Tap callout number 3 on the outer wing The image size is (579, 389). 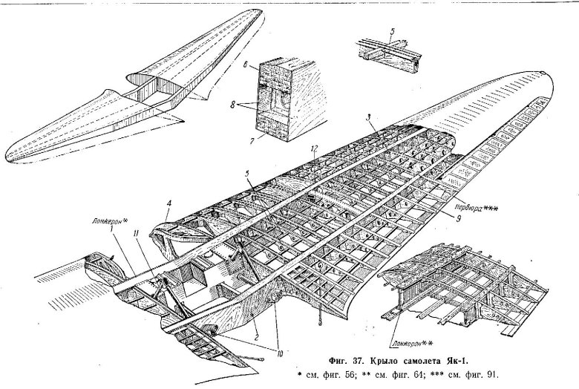point(369,117)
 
